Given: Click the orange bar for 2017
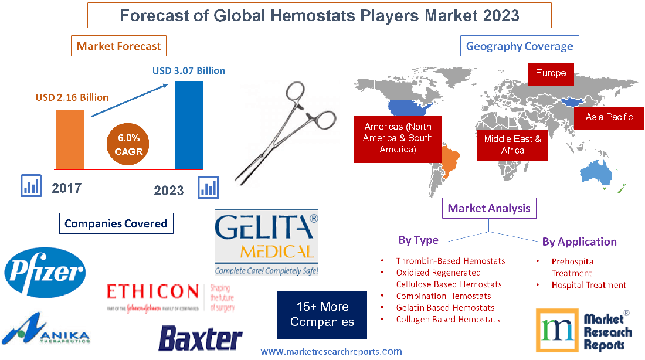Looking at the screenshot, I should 66,138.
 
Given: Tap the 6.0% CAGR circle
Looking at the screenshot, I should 128,144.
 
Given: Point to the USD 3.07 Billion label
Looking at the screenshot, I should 189,70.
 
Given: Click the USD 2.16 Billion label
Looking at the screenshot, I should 72,97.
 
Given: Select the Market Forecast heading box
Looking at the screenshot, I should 118,46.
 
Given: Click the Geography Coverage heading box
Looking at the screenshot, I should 519,46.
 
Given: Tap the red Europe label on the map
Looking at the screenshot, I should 551,73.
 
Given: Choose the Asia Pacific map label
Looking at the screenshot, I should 609,117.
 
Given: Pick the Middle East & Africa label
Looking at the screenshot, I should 512,144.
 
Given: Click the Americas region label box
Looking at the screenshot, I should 398,138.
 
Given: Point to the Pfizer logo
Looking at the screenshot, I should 45,271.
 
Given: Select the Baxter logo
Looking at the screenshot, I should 200,338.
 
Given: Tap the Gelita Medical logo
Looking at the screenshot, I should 266,242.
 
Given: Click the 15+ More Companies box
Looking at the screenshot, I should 322,314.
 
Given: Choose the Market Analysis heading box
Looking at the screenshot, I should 488,208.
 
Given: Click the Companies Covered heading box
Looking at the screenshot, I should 116,223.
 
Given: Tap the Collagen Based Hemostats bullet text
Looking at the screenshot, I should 447,320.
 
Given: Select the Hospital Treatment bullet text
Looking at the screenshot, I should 589,285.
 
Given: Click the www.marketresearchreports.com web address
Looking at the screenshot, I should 331,352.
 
